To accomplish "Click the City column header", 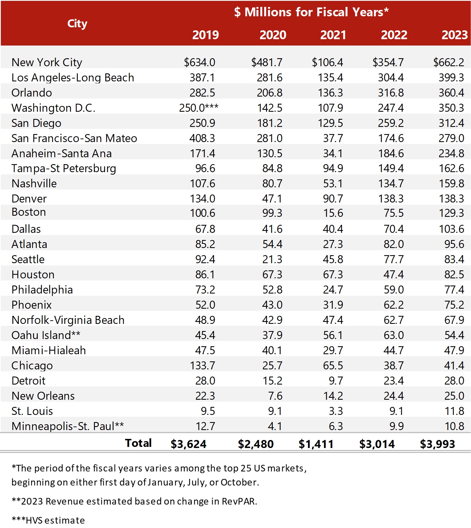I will coord(77,24).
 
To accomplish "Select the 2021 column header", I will coord(333,35).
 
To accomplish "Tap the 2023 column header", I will coord(454,35).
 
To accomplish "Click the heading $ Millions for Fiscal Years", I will coord(311,12).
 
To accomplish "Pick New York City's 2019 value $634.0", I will coord(199,62).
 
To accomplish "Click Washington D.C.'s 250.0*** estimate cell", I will coord(199,108).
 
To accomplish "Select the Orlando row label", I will coord(32,93).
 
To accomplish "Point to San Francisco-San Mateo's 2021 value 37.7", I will coord(333,138).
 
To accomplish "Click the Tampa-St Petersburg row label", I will coord(64,169).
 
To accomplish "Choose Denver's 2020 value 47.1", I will coord(272,199).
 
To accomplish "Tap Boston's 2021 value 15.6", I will coord(333,213).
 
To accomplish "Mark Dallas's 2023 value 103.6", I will coord(451,229).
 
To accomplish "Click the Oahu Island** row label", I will coord(46,335).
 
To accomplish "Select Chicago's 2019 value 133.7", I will coord(202,366).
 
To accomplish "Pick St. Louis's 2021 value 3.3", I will coord(336,411).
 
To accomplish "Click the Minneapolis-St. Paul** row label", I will coord(68,426).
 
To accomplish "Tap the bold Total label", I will coord(138,443).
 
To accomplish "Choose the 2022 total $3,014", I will coord(377,444).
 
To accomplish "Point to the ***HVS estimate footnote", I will coord(48,520).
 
